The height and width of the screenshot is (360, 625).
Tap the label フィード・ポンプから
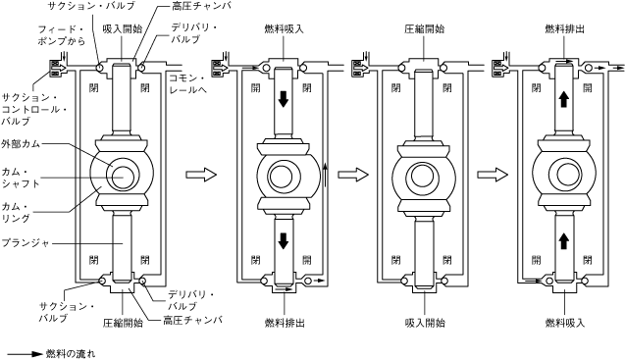62,35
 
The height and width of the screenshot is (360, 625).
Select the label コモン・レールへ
188,84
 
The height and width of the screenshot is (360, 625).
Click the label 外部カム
21,143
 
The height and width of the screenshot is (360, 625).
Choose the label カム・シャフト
21,178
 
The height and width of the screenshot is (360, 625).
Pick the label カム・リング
16,212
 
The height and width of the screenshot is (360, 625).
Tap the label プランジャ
26,242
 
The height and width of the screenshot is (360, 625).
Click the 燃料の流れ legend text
71,353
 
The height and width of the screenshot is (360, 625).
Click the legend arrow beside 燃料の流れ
25,353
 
